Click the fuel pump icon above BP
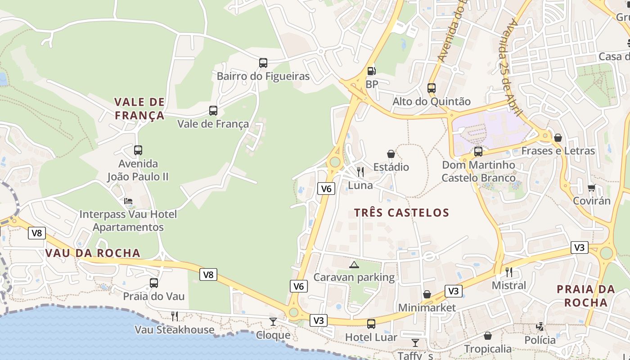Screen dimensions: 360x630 [x=371, y=71]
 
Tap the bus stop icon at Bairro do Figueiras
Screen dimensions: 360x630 [x=263, y=63]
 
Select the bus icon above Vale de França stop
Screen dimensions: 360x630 [x=213, y=110]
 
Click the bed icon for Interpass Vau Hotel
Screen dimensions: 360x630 [x=128, y=201]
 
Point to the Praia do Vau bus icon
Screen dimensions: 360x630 [x=154, y=283]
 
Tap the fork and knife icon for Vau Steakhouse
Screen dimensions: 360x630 [x=175, y=316]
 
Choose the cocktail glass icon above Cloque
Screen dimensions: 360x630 [x=273, y=321]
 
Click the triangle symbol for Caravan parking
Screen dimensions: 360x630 [x=354, y=265]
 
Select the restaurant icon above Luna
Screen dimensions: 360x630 [x=360, y=172]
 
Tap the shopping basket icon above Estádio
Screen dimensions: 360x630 [x=391, y=154]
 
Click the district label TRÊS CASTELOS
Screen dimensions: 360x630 [x=401, y=213]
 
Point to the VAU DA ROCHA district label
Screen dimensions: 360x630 [x=93, y=253]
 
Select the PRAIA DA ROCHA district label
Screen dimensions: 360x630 [x=585, y=296]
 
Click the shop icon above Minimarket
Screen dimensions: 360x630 [x=427, y=295]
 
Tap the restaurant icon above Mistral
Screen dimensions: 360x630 [x=509, y=272]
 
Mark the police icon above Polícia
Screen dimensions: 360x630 [x=540, y=327]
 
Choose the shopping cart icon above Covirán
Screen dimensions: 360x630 [x=591, y=188]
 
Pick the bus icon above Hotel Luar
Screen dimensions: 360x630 [x=371, y=324]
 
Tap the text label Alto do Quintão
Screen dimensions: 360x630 [x=431, y=102]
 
